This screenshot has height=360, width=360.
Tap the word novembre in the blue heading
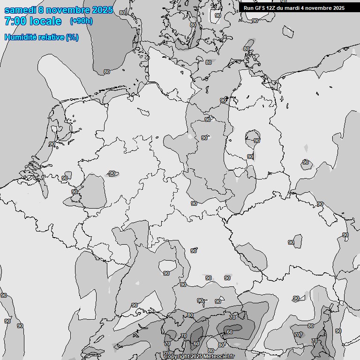[66, 10]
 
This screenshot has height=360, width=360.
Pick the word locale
[45, 21]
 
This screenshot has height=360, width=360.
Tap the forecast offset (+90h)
[81, 21]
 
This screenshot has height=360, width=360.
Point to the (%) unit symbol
[73, 37]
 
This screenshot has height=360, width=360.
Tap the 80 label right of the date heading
[122, 13]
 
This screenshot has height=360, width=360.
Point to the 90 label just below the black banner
[255, 21]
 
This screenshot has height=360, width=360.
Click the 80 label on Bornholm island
[247, 49]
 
